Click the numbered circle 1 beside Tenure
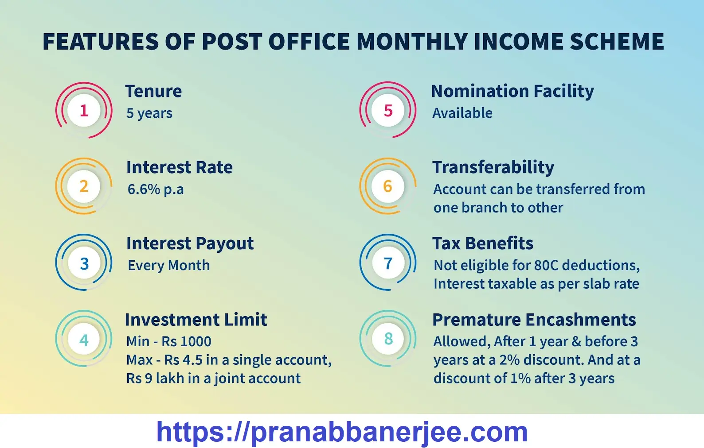(84, 110)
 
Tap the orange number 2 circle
(84, 186)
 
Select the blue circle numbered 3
(84, 263)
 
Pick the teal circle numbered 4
(84, 340)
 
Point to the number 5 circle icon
(388, 110)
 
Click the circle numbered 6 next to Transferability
(388, 186)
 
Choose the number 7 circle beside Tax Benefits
(388, 263)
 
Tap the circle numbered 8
(388, 339)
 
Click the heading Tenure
(153, 91)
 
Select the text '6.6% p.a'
(155, 189)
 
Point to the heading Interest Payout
(190, 243)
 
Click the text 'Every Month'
(168, 265)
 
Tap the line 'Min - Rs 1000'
(168, 341)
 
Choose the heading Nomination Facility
(512, 91)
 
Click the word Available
(462, 113)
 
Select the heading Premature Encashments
(534, 320)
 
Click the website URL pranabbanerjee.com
(342, 432)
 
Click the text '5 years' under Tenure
(149, 113)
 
